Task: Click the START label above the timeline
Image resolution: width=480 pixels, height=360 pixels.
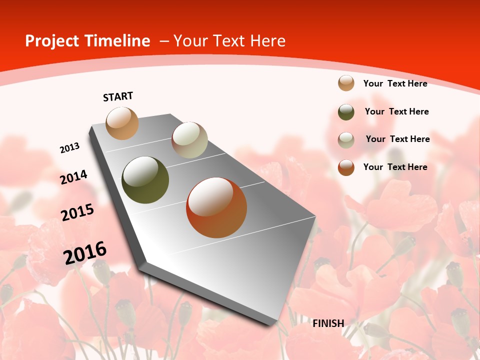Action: tap(118, 96)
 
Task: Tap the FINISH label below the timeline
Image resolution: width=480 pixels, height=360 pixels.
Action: tap(328, 323)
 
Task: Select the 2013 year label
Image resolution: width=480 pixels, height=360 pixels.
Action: tap(70, 148)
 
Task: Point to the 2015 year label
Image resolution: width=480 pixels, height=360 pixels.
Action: tap(77, 212)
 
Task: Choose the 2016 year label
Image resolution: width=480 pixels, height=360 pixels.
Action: tap(85, 253)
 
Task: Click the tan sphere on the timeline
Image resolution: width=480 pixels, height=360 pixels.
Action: tap(122, 123)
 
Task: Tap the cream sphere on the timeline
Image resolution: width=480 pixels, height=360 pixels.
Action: tap(189, 140)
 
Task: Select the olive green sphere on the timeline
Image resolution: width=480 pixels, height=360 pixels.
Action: tap(145, 180)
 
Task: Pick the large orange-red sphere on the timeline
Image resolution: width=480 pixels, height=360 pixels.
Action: tap(216, 207)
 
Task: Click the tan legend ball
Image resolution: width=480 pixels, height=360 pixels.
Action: tap(346, 83)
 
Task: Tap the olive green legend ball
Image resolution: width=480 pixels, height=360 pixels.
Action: tap(346, 112)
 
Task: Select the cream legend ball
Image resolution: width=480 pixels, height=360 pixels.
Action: tap(346, 140)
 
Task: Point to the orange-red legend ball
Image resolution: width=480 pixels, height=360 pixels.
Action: tap(346, 167)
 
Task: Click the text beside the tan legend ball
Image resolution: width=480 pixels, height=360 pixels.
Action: tap(395, 83)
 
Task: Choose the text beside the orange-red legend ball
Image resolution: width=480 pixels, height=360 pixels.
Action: tap(395, 167)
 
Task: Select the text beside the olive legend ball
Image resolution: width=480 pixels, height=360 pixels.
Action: tap(396, 111)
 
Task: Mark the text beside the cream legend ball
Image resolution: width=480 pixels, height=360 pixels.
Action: tap(397, 139)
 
